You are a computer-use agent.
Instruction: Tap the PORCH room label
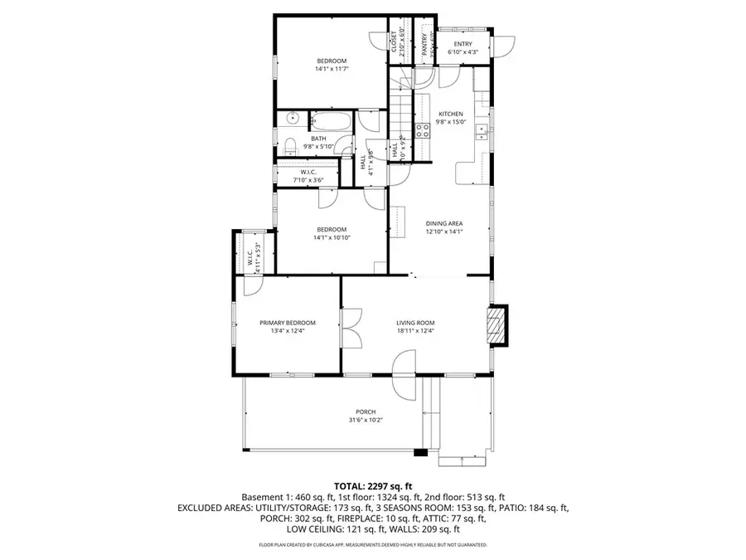[x=366, y=411]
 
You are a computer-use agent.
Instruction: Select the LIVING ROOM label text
[x=415, y=323]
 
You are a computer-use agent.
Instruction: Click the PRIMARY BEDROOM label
[x=288, y=323]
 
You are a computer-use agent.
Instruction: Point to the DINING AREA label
[x=443, y=223]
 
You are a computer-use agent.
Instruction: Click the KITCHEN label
[x=451, y=114]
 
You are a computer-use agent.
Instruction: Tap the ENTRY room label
[x=463, y=44]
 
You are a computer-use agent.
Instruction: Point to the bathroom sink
[x=292, y=119]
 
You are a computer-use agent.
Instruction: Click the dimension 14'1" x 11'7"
[x=331, y=69]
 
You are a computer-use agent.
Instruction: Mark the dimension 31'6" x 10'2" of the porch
[x=366, y=420]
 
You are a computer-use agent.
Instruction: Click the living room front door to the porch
[x=404, y=365]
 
